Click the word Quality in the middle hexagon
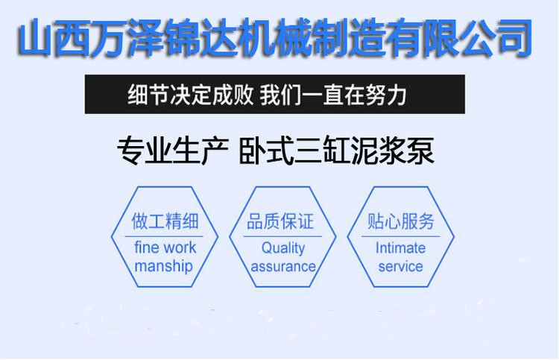283,248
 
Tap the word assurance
283,266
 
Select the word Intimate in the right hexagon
400,247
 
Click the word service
401,266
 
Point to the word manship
164,266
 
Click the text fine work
165,247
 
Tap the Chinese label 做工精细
165,221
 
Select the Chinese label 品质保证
280,221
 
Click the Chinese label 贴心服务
401,221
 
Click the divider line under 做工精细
164,236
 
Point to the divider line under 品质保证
282,236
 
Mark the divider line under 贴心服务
401,236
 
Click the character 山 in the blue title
36,38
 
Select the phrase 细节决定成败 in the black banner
190,95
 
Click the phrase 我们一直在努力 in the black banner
333,95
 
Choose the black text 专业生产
173,151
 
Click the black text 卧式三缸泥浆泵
337,151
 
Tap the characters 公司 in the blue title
496,38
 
